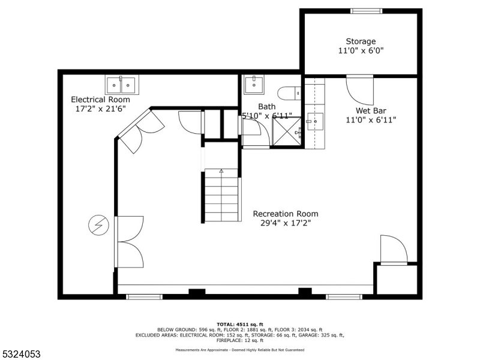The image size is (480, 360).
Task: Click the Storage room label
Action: [361, 41]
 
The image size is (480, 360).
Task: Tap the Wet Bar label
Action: [370, 110]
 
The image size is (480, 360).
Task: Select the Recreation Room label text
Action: [286, 214]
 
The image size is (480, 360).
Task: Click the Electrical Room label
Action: [100, 100]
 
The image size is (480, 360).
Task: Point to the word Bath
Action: [267, 107]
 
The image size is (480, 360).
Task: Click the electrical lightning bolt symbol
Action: [97, 226]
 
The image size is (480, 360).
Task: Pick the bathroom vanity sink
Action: [254, 83]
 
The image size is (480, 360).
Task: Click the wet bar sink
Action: [314, 121]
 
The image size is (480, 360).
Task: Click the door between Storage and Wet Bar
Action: [359, 90]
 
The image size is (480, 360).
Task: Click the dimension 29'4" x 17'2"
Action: [286, 223]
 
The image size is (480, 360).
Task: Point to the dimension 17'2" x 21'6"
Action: [100, 109]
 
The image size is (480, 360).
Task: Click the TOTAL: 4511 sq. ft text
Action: [240, 324]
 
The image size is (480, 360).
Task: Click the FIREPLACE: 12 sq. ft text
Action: [240, 340]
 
